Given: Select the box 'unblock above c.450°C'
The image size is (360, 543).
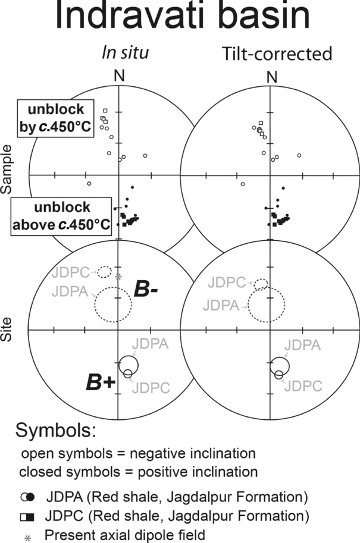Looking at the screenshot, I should click(62, 215).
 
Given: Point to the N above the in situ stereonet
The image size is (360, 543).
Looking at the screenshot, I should click(120, 77).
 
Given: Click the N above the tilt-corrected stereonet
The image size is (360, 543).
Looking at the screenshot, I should click(272, 77).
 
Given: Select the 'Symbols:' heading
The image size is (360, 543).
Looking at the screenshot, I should click(57, 430).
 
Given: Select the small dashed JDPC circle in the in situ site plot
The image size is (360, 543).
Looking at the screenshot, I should click(104, 272).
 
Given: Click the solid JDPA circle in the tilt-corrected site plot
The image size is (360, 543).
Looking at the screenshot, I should click(279, 364).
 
